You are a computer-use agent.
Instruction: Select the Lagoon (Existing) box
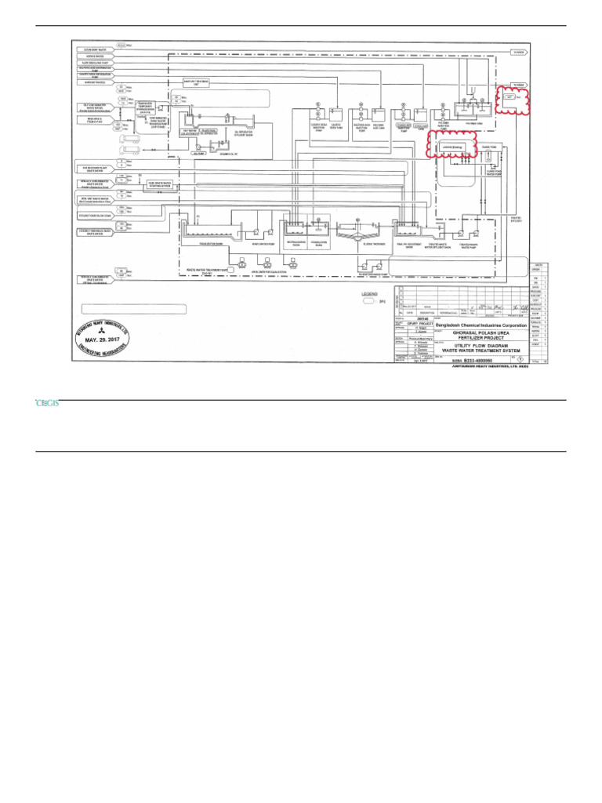click(448, 147)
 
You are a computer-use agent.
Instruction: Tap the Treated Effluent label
click(515, 219)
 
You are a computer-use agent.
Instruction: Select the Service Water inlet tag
click(96, 57)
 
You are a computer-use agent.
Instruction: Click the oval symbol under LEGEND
click(368, 300)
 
